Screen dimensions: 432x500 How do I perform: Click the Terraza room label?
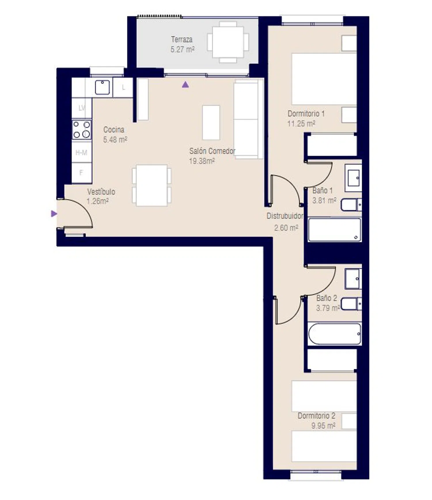tap(182, 39)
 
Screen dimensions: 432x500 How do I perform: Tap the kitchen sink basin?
tap(102, 87)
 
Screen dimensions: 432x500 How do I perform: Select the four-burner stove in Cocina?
tap(82, 130)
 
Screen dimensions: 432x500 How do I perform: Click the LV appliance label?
tap(82, 108)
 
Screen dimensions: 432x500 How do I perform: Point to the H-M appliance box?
tap(82, 152)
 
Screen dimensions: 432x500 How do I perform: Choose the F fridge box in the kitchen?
tap(82, 173)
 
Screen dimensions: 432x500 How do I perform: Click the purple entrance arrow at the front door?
tap(54, 214)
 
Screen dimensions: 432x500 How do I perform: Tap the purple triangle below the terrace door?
tap(185, 85)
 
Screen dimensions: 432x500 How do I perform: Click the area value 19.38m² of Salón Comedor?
tap(202, 161)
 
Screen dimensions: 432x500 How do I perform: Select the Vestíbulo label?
tap(101, 192)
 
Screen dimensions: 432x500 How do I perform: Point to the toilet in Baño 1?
tap(351, 205)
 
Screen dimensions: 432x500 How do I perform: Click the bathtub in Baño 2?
tap(334, 334)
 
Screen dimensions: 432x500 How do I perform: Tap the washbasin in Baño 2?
tap(353, 279)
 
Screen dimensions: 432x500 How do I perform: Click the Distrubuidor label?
tap(285, 216)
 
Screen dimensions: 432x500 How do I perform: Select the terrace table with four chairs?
tap(228, 42)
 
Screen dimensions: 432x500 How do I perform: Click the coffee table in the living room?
tap(211, 123)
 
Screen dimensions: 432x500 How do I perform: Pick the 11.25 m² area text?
tap(301, 124)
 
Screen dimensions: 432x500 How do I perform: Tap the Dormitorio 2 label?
tap(316, 416)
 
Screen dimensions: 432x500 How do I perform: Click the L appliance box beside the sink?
tap(123, 87)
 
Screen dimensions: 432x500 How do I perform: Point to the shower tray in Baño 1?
tap(334, 229)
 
